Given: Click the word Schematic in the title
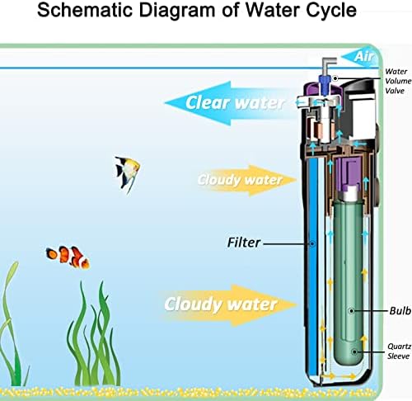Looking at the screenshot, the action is pyautogui.click(x=85, y=10).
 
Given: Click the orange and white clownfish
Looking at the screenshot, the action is pyautogui.click(x=68, y=257).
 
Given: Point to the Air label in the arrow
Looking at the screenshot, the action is pyautogui.click(x=364, y=56).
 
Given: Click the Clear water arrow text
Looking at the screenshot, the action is pyautogui.click(x=235, y=103).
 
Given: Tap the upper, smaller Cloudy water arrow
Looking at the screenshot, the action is pyautogui.click(x=247, y=180).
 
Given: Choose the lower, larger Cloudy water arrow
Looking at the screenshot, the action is pyautogui.click(x=231, y=304).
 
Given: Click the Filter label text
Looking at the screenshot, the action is pyautogui.click(x=244, y=243).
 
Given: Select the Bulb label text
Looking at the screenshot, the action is pyautogui.click(x=400, y=311).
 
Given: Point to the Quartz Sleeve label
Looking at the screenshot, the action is pyautogui.click(x=399, y=351).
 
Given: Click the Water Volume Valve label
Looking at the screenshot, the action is pyautogui.click(x=398, y=81).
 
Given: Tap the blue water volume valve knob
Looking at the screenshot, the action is pyautogui.click(x=325, y=83).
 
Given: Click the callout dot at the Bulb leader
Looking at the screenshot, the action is pyautogui.click(x=351, y=311).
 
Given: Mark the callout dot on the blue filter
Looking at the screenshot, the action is pyautogui.click(x=312, y=243).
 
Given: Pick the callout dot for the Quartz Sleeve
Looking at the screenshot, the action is pyautogui.click(x=354, y=351).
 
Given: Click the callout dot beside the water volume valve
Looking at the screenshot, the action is pyautogui.click(x=335, y=78).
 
